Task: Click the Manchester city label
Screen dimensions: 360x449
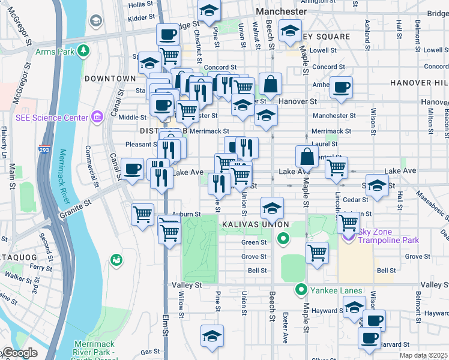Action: (281, 11)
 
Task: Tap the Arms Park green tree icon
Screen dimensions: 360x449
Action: (84, 50)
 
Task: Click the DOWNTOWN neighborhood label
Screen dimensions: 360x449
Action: (110, 79)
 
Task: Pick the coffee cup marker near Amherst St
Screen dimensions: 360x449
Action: (342, 87)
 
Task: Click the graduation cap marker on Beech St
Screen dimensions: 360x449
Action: (272, 208)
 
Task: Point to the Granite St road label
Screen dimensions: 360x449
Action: (76, 210)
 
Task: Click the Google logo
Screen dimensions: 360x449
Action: (19, 353)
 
